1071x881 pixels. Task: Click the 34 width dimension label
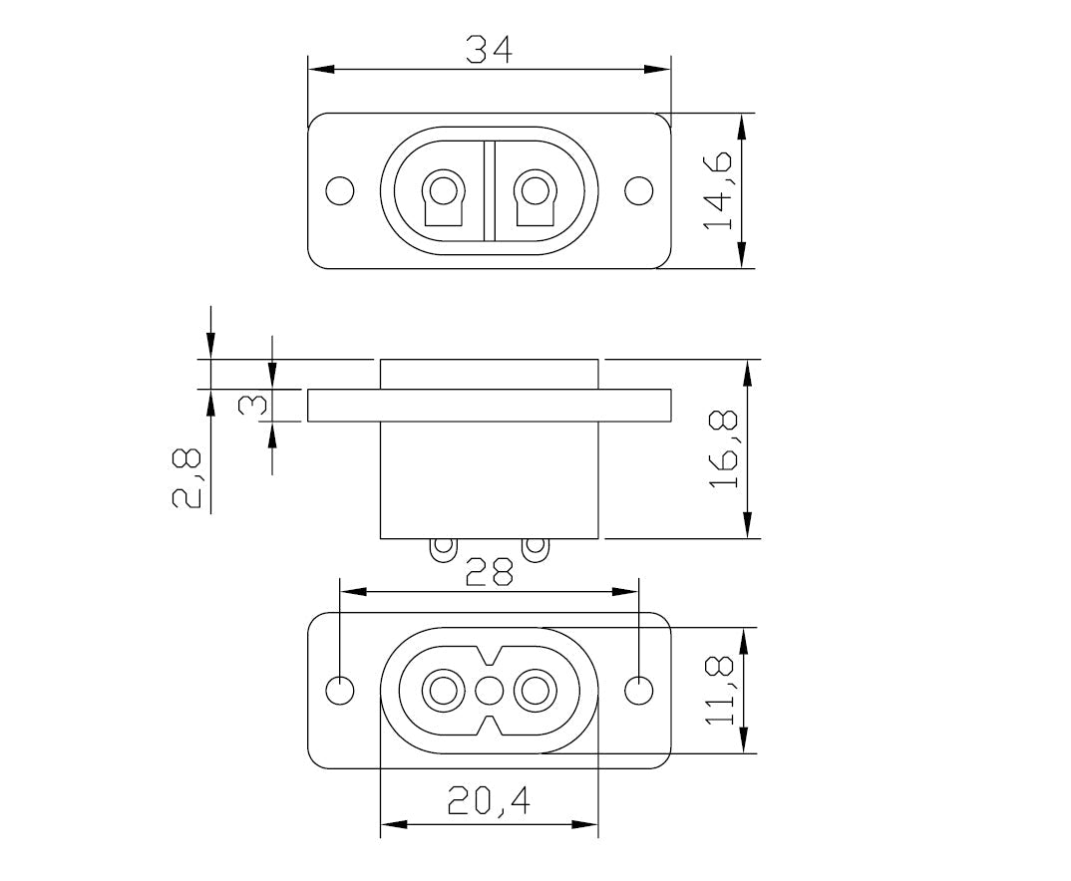489,50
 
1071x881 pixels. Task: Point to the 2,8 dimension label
188,478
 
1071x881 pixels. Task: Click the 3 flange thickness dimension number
254,406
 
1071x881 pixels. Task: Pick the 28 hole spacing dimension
489,572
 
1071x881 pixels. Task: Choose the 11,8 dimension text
721,690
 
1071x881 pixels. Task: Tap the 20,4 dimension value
489,802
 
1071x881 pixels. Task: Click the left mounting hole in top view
340,189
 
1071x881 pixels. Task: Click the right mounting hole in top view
639,189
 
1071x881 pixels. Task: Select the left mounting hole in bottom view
340,690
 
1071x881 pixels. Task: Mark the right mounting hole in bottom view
639,690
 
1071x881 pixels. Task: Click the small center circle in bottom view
489,690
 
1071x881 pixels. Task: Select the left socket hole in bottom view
440,690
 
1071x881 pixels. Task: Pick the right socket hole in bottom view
537,690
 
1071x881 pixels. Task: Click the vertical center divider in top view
489,190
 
